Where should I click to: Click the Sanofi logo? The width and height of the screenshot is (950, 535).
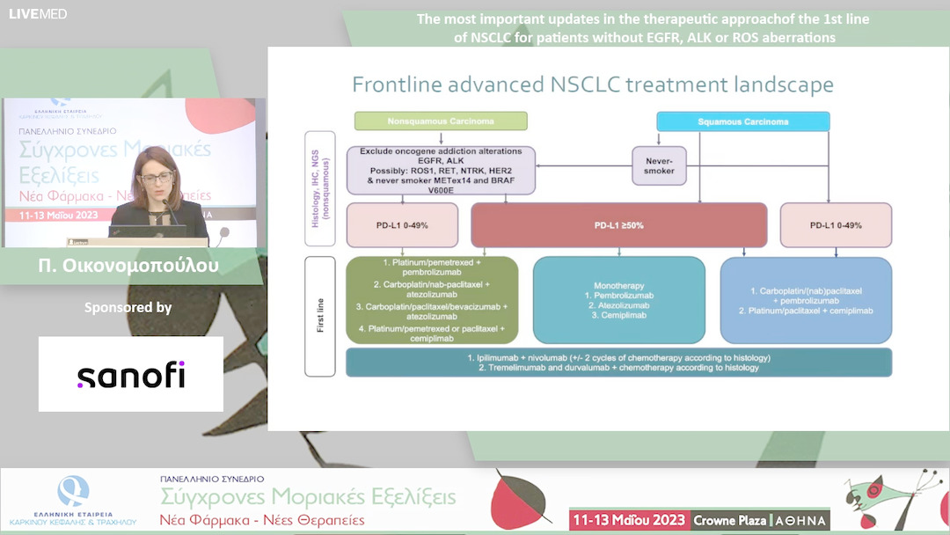tap(131, 376)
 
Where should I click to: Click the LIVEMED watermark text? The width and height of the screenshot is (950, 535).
tap(38, 13)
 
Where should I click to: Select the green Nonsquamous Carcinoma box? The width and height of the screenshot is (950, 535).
tap(441, 121)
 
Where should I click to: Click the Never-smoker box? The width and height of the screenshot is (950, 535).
tap(659, 165)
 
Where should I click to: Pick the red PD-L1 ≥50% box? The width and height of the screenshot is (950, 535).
tap(619, 225)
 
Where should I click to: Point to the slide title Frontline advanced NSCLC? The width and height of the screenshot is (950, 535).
tap(593, 85)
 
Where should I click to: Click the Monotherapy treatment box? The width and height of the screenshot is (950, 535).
tap(619, 299)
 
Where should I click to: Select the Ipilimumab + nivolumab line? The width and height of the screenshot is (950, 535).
tap(619, 357)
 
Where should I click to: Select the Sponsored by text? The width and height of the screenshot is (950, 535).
tap(128, 308)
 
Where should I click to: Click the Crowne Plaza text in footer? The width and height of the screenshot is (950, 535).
tap(729, 520)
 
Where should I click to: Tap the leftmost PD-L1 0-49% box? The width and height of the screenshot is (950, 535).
tap(403, 225)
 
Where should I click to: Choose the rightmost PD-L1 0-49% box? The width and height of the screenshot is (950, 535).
tap(836, 225)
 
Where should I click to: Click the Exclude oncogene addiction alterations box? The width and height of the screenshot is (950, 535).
tap(441, 170)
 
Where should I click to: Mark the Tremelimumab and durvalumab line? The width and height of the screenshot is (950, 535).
tap(619, 368)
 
